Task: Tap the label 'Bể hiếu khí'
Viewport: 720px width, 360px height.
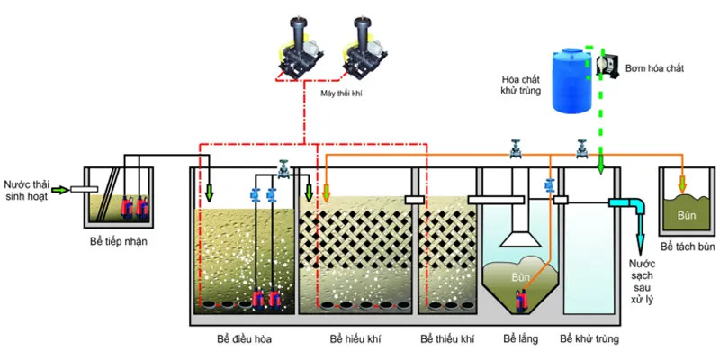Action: [x=351, y=339]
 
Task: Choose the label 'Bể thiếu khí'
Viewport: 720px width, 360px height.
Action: [x=446, y=339]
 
